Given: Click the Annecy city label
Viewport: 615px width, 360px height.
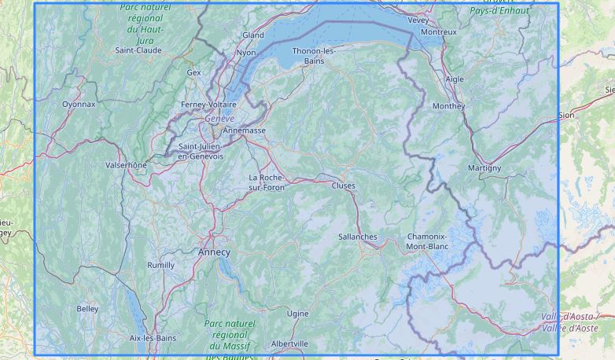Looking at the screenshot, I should [x=214, y=252].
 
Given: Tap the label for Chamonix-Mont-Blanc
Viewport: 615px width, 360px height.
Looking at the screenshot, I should [x=427, y=241].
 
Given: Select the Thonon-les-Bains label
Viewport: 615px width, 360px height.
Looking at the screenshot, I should [x=314, y=56].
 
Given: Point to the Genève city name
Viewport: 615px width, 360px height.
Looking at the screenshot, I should [x=219, y=119].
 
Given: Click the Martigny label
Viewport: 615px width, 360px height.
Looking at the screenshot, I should [x=484, y=168].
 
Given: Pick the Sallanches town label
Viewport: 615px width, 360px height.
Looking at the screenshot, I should [x=357, y=237].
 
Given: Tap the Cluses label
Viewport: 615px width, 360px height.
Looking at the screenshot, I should [x=343, y=186].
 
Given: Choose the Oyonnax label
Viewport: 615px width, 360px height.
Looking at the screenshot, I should [x=79, y=104].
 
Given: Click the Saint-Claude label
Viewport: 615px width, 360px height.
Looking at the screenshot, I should [x=138, y=50].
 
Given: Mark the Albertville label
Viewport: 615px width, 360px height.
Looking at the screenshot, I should [x=289, y=343].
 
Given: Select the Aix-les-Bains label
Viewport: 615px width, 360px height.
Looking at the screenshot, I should [x=153, y=338].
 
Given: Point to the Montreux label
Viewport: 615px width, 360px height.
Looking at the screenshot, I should [x=439, y=32].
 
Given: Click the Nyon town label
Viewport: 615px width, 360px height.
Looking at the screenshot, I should [x=246, y=53].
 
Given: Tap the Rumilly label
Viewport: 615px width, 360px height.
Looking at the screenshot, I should [x=161, y=266].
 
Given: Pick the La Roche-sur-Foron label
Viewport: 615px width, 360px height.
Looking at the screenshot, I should [x=267, y=182].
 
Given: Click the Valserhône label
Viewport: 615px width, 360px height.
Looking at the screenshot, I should [x=126, y=165].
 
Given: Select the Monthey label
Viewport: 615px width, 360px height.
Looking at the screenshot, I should [x=449, y=106].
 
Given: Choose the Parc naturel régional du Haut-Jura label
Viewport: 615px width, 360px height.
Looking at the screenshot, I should [x=145, y=23].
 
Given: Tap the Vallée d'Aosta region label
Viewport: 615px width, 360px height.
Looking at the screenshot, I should [x=569, y=322].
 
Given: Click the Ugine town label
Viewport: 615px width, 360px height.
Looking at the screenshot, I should [x=297, y=314].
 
